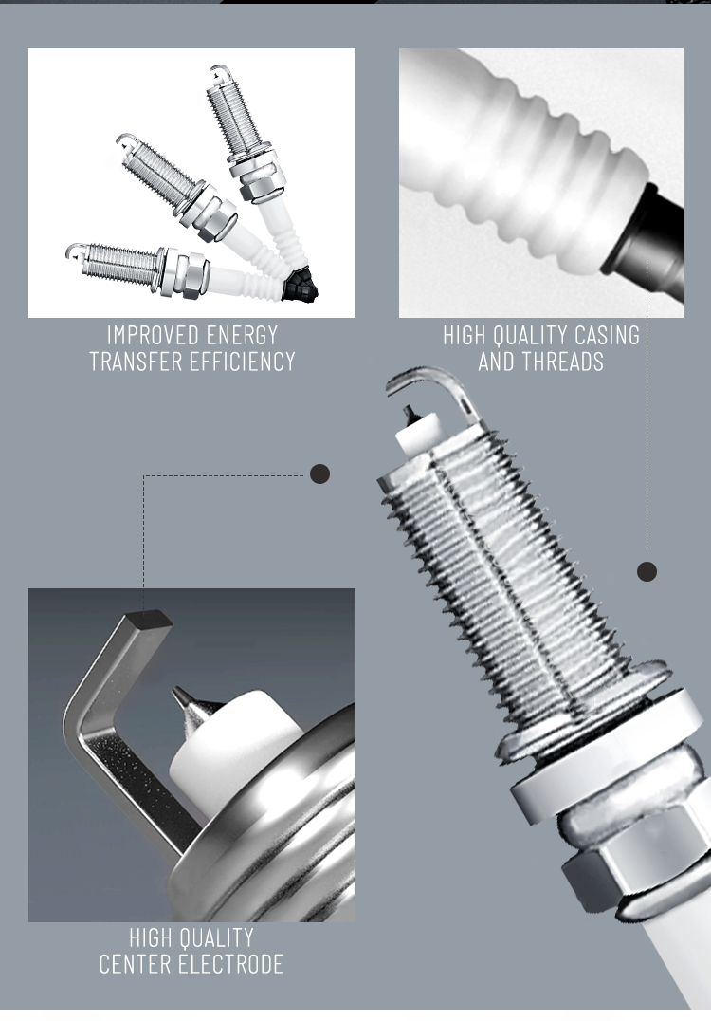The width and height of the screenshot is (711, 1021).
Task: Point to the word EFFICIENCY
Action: [239, 362]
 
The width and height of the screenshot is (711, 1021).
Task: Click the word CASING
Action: [597, 335]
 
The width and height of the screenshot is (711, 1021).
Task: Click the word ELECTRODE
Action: [231, 964]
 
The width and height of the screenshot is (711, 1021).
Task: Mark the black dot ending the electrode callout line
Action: [319, 474]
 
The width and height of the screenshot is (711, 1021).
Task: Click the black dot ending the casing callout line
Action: [647, 572]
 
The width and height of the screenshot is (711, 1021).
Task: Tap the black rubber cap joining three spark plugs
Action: [300, 286]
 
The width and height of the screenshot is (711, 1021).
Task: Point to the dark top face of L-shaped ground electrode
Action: [149, 619]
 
